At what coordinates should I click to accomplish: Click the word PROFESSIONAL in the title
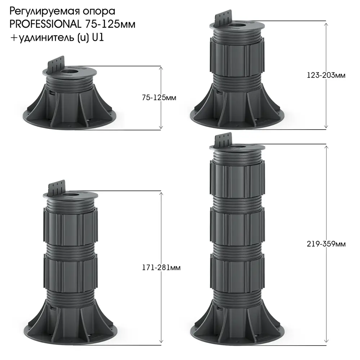[x=45, y=24]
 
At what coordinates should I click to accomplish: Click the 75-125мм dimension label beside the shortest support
[x=159, y=98]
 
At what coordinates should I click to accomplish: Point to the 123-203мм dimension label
[x=326, y=75]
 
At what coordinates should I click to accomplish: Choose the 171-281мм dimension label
[x=161, y=268]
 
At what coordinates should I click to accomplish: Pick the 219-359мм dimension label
[x=326, y=244]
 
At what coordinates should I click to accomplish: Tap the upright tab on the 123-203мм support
[x=223, y=19]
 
